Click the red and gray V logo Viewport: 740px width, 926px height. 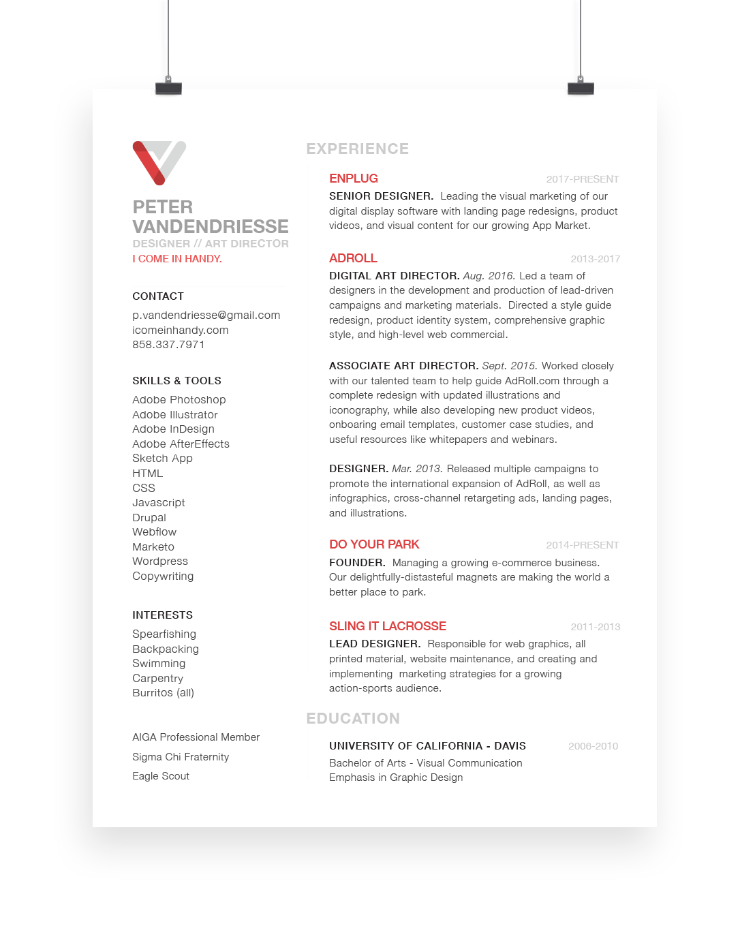coord(159,162)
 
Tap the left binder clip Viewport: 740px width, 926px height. coord(168,87)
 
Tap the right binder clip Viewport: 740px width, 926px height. coord(581,87)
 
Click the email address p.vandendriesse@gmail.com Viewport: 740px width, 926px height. coord(206,315)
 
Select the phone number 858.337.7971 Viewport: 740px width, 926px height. coord(168,345)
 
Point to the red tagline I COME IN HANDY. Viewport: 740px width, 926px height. coord(177,259)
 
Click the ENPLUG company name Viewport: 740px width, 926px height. coord(353,179)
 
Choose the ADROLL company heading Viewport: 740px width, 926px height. coord(353,258)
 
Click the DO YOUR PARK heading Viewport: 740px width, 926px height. coord(374,544)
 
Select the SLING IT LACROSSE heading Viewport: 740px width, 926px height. coord(387,626)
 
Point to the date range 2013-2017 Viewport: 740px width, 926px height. coord(595,259)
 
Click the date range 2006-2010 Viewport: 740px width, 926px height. coord(593,746)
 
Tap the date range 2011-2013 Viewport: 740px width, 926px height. coord(595,627)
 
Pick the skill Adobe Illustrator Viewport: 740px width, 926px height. coord(175,414)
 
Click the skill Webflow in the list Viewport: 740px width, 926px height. coord(154,532)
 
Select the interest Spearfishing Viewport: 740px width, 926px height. coord(164,634)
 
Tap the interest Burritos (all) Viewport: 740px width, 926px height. coord(163,693)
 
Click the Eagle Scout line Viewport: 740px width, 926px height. coord(161,776)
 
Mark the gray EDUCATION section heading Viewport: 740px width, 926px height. coord(353,718)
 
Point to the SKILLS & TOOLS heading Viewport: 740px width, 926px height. coord(176,381)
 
